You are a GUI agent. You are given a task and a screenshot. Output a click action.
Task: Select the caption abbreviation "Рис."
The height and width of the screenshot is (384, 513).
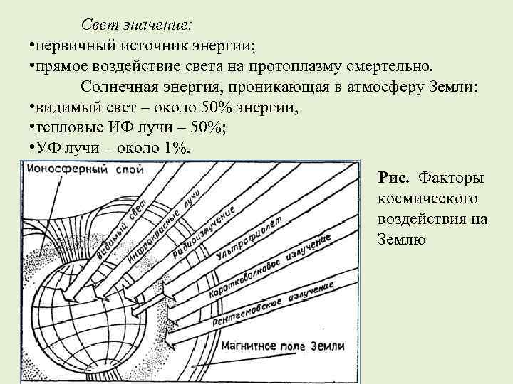pos(394,176)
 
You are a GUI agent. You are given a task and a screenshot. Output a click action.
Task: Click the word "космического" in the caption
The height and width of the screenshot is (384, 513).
pos(423,197)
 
